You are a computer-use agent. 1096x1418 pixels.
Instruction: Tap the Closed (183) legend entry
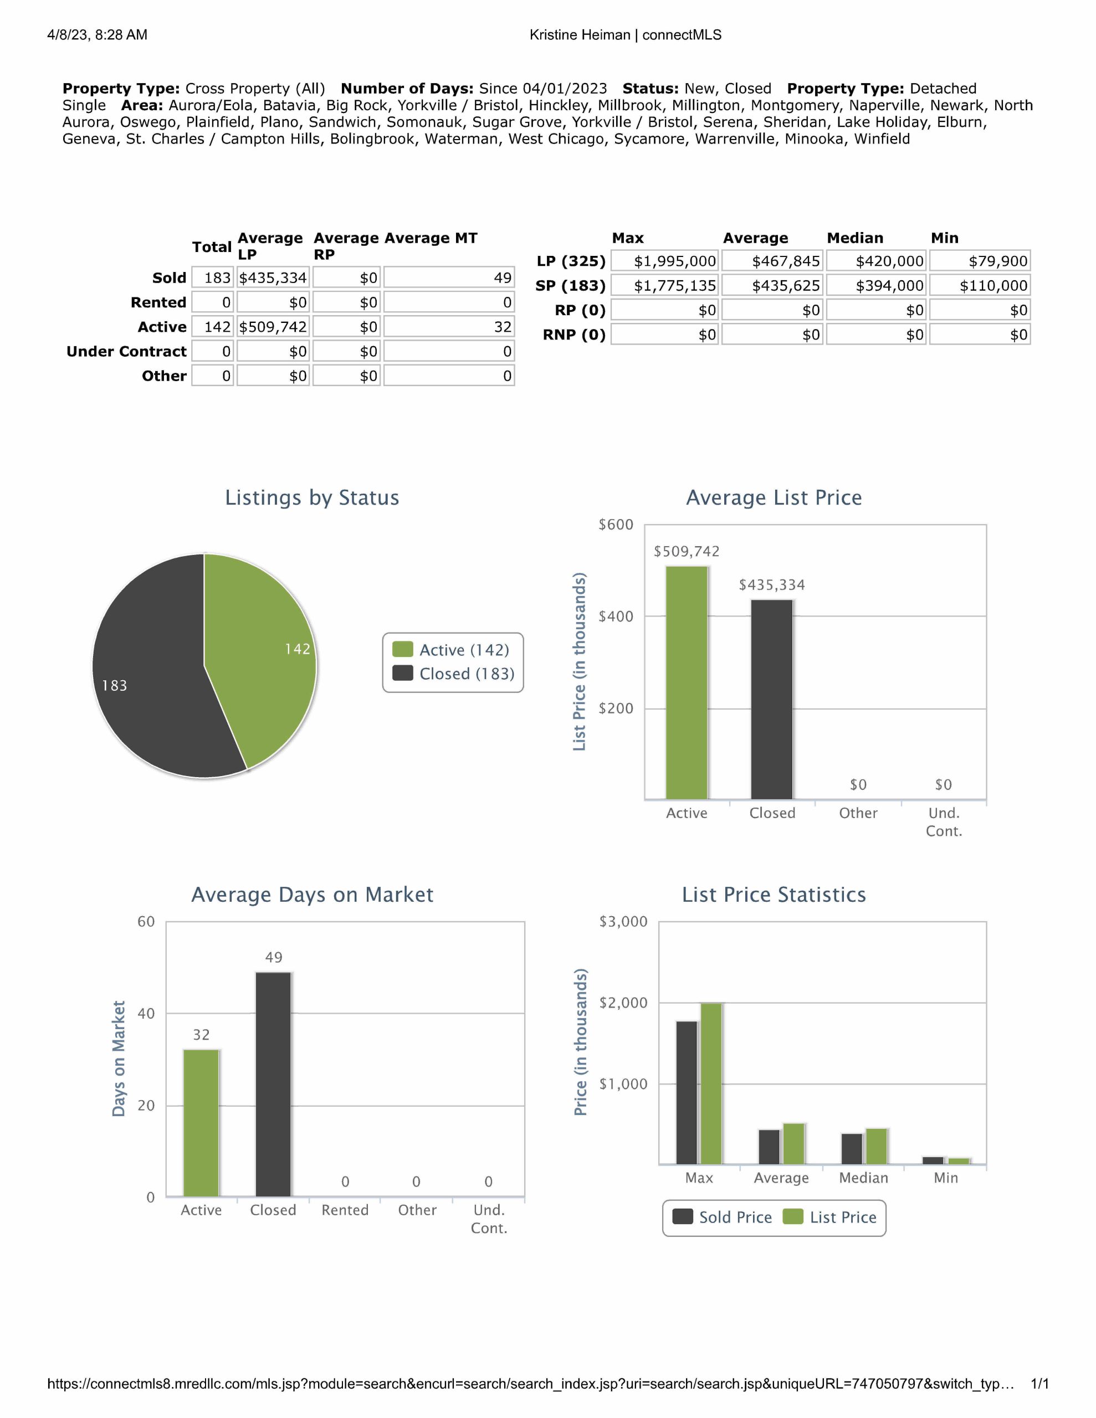(x=453, y=674)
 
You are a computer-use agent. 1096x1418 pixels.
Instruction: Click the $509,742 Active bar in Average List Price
(x=687, y=682)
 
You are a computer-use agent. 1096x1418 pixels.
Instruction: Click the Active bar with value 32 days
(x=201, y=1123)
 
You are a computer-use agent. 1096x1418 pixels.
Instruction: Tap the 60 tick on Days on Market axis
(x=146, y=922)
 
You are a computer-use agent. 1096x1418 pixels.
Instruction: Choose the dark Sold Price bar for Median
(x=852, y=1149)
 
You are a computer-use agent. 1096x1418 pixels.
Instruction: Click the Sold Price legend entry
(x=723, y=1217)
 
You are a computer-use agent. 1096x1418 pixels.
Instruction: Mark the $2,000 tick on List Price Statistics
(x=623, y=1003)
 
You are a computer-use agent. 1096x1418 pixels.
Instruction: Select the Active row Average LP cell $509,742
(x=273, y=327)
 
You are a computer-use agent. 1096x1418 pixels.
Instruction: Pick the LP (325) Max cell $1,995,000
(x=664, y=261)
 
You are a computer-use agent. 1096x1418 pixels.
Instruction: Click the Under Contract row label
(x=127, y=351)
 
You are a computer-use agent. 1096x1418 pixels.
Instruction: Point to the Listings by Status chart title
(x=312, y=498)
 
